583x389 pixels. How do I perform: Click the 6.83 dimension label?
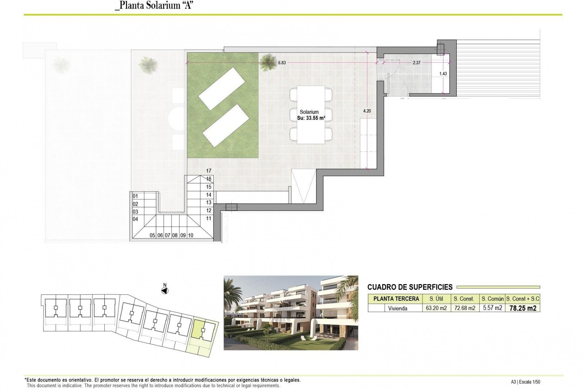click(282, 63)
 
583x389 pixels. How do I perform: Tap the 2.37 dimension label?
click(417, 63)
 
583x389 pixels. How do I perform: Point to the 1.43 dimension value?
click(443, 74)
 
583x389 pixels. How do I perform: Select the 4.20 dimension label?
click(367, 111)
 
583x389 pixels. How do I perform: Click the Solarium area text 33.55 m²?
click(311, 118)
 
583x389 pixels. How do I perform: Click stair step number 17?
click(209, 171)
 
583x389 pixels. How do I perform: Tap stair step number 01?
click(135, 196)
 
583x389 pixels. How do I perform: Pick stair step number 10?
click(191, 235)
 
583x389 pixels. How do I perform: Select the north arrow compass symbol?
click(165, 291)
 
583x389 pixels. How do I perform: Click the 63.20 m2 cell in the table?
click(436, 308)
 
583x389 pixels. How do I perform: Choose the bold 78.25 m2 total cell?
click(523, 308)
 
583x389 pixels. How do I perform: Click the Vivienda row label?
click(397, 308)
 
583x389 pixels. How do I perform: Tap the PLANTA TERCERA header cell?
click(396, 299)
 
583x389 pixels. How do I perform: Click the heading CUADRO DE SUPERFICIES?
click(410, 287)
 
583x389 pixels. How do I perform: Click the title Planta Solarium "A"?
click(154, 6)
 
